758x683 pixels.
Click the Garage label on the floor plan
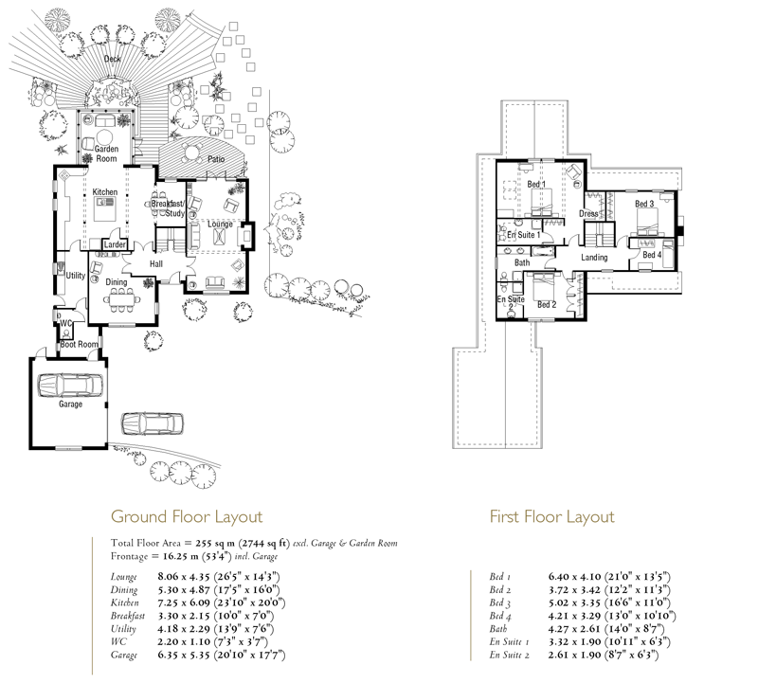point(70,404)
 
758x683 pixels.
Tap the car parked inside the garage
point(71,386)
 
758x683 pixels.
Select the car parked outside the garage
point(153,423)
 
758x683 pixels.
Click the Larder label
point(115,244)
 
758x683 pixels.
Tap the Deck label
point(112,59)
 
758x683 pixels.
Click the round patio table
point(192,152)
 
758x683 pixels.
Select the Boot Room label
point(80,345)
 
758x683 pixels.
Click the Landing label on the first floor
point(594,258)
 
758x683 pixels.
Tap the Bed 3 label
point(644,204)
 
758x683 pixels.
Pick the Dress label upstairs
point(588,214)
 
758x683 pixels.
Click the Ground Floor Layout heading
point(187,516)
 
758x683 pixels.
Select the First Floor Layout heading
point(552,516)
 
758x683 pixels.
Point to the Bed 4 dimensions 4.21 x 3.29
point(574,616)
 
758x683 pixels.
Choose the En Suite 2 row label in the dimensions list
point(509,655)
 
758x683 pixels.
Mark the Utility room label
point(76,276)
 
